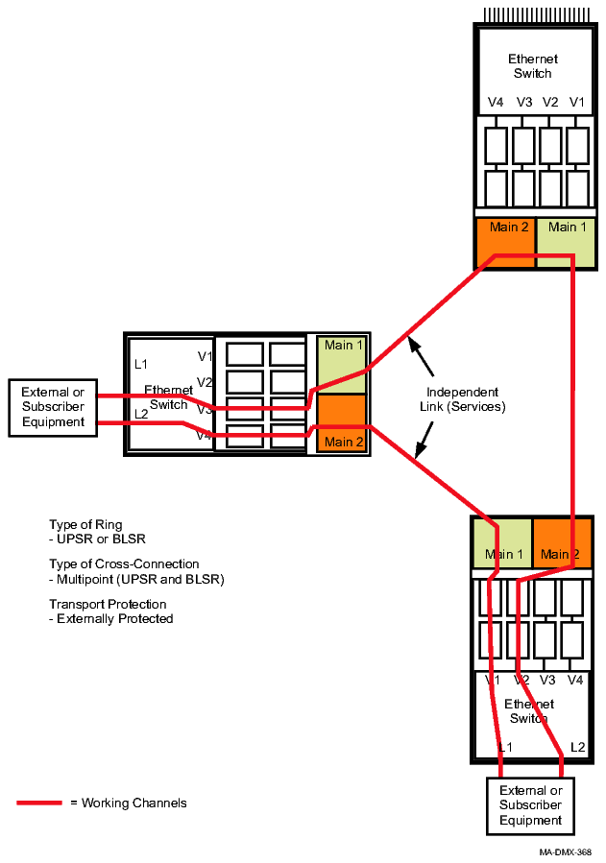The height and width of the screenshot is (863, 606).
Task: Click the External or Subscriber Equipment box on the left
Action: click(53, 407)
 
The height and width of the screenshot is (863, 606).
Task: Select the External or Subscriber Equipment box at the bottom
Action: click(530, 805)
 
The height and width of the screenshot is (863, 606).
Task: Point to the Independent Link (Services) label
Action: click(462, 399)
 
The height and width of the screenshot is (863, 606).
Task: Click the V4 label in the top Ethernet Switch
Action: click(496, 103)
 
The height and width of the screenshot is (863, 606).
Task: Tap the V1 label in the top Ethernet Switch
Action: click(577, 103)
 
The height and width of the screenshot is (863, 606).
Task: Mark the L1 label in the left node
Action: click(141, 364)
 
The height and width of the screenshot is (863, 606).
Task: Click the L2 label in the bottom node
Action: click(577, 747)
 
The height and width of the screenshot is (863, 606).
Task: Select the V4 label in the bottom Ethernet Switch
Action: click(575, 680)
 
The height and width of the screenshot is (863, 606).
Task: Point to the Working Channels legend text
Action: click(129, 803)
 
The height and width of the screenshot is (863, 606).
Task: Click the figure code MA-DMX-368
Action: click(565, 851)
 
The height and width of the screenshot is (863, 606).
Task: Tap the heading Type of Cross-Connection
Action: click(124, 564)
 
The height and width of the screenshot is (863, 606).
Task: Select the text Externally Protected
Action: click(115, 619)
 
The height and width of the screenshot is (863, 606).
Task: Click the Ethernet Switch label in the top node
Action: click(533, 66)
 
